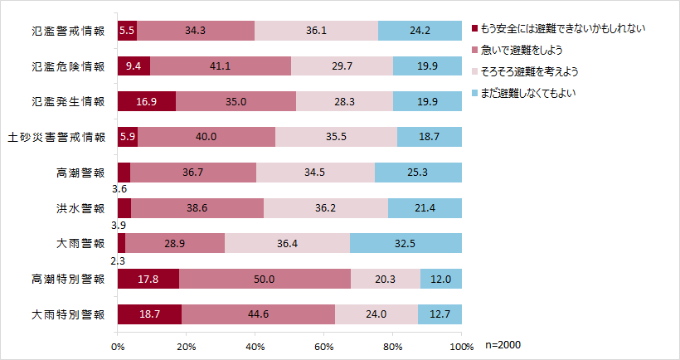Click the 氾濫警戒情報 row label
coord(68,31)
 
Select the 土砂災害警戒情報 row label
coord(56,137)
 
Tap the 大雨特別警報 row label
coord(68,314)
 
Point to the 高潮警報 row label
coord(80,173)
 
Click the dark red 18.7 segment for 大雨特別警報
coord(149,314)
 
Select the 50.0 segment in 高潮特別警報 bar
coord(265,279)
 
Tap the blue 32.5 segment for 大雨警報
coord(406,243)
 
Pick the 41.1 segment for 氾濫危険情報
coord(221,66)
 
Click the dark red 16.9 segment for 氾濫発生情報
coord(147,101)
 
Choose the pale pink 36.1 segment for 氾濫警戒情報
coord(316,31)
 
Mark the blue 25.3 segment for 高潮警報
coord(418,173)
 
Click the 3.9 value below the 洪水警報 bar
coord(119,226)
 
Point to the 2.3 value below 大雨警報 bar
coord(119,261)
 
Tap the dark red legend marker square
coord(474,29)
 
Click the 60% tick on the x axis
coord(324,347)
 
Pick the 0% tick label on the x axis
coord(118,347)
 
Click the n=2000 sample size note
coord(503,345)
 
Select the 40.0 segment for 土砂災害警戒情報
coord(206,137)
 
